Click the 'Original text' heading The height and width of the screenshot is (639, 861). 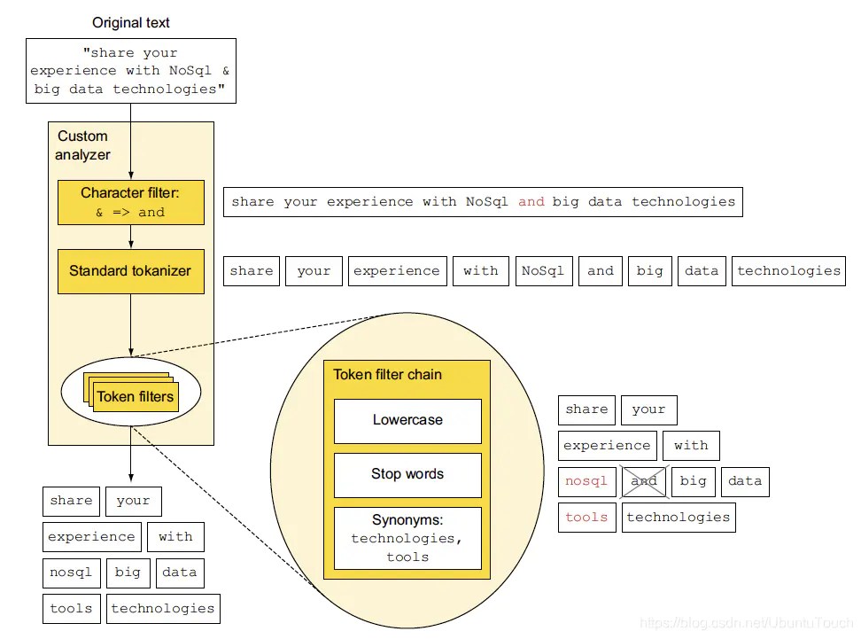pos(131,22)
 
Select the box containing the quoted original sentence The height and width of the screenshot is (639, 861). pos(131,71)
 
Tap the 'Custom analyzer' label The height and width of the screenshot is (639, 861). pos(83,145)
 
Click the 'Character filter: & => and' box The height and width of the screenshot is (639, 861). pos(131,202)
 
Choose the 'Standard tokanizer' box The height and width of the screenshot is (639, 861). pos(131,270)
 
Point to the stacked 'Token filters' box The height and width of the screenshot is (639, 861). pos(135,396)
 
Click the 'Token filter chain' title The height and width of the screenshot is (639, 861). pos(387,375)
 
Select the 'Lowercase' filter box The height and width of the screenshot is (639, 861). pos(407,420)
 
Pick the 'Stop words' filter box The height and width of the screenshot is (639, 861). pos(407,474)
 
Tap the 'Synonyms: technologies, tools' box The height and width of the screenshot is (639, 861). pos(407,538)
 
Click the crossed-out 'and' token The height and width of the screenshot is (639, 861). pos(644,481)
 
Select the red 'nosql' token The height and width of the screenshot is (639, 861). pos(586,481)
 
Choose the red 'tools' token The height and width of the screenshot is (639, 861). pos(586,517)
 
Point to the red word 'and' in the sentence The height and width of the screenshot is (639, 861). pos(531,202)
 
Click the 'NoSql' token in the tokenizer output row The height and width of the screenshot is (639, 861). pos(543,271)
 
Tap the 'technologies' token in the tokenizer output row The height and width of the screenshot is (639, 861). pos(788,271)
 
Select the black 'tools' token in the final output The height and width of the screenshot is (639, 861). pos(71,608)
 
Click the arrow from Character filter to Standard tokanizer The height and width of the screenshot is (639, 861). pos(131,237)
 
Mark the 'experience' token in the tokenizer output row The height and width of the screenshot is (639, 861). pos(396,271)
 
